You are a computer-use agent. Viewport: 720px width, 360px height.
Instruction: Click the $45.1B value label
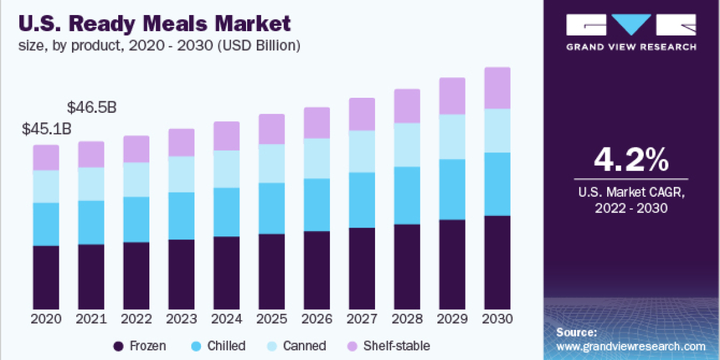[x=46, y=128]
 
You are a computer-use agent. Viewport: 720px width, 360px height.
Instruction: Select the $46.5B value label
[x=91, y=108]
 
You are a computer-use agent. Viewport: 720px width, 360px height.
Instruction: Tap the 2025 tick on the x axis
[x=271, y=319]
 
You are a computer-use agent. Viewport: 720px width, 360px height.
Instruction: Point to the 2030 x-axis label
[x=497, y=319]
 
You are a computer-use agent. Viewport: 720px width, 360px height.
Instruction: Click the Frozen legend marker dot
[x=119, y=346]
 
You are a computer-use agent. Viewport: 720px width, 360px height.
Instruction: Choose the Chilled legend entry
[x=218, y=346]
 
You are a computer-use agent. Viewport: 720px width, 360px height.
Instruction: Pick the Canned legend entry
[x=298, y=346]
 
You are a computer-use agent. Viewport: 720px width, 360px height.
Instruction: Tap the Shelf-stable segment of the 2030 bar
[x=497, y=88]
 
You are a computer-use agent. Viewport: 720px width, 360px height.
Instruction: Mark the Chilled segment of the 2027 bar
[x=362, y=200]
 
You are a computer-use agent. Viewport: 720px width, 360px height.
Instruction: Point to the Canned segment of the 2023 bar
[x=181, y=174]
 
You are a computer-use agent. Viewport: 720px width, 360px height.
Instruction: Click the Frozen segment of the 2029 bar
[x=452, y=264]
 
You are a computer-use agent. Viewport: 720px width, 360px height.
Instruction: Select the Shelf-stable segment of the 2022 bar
[x=136, y=149]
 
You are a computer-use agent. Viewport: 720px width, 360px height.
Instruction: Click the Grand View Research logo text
[x=631, y=47]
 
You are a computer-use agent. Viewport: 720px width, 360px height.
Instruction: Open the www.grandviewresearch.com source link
[x=631, y=346]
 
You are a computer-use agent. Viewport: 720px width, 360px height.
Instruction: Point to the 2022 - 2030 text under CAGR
[x=631, y=208]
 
